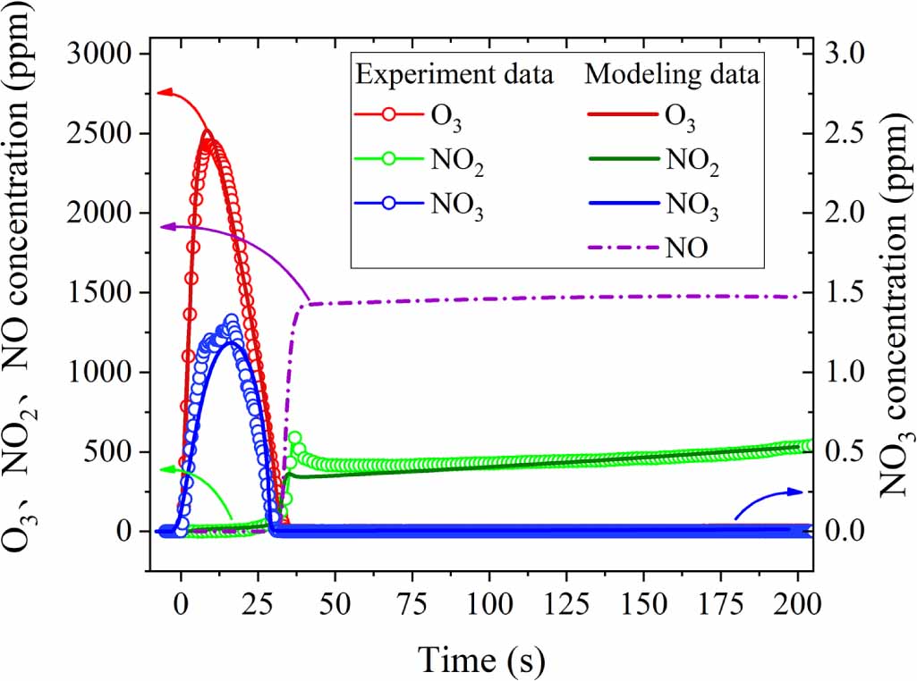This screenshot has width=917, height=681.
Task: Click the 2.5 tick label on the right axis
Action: pyautogui.click(x=848, y=134)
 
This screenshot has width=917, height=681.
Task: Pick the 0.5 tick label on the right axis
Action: pyautogui.click(x=848, y=452)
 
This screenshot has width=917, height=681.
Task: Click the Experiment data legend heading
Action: pyautogui.click(x=454, y=75)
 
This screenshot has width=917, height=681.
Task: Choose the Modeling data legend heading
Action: pyautogui.click(x=673, y=75)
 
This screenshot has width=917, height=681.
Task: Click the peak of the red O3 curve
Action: pyautogui.click(x=208, y=136)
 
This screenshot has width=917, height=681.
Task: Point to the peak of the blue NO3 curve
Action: pyautogui.click(x=232, y=320)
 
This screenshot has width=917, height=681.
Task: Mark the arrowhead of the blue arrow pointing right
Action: pyautogui.click(x=801, y=491)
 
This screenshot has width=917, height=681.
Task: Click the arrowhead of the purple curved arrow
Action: pyautogui.click(x=162, y=227)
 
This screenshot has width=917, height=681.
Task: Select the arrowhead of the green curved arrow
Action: pyautogui.click(x=162, y=469)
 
